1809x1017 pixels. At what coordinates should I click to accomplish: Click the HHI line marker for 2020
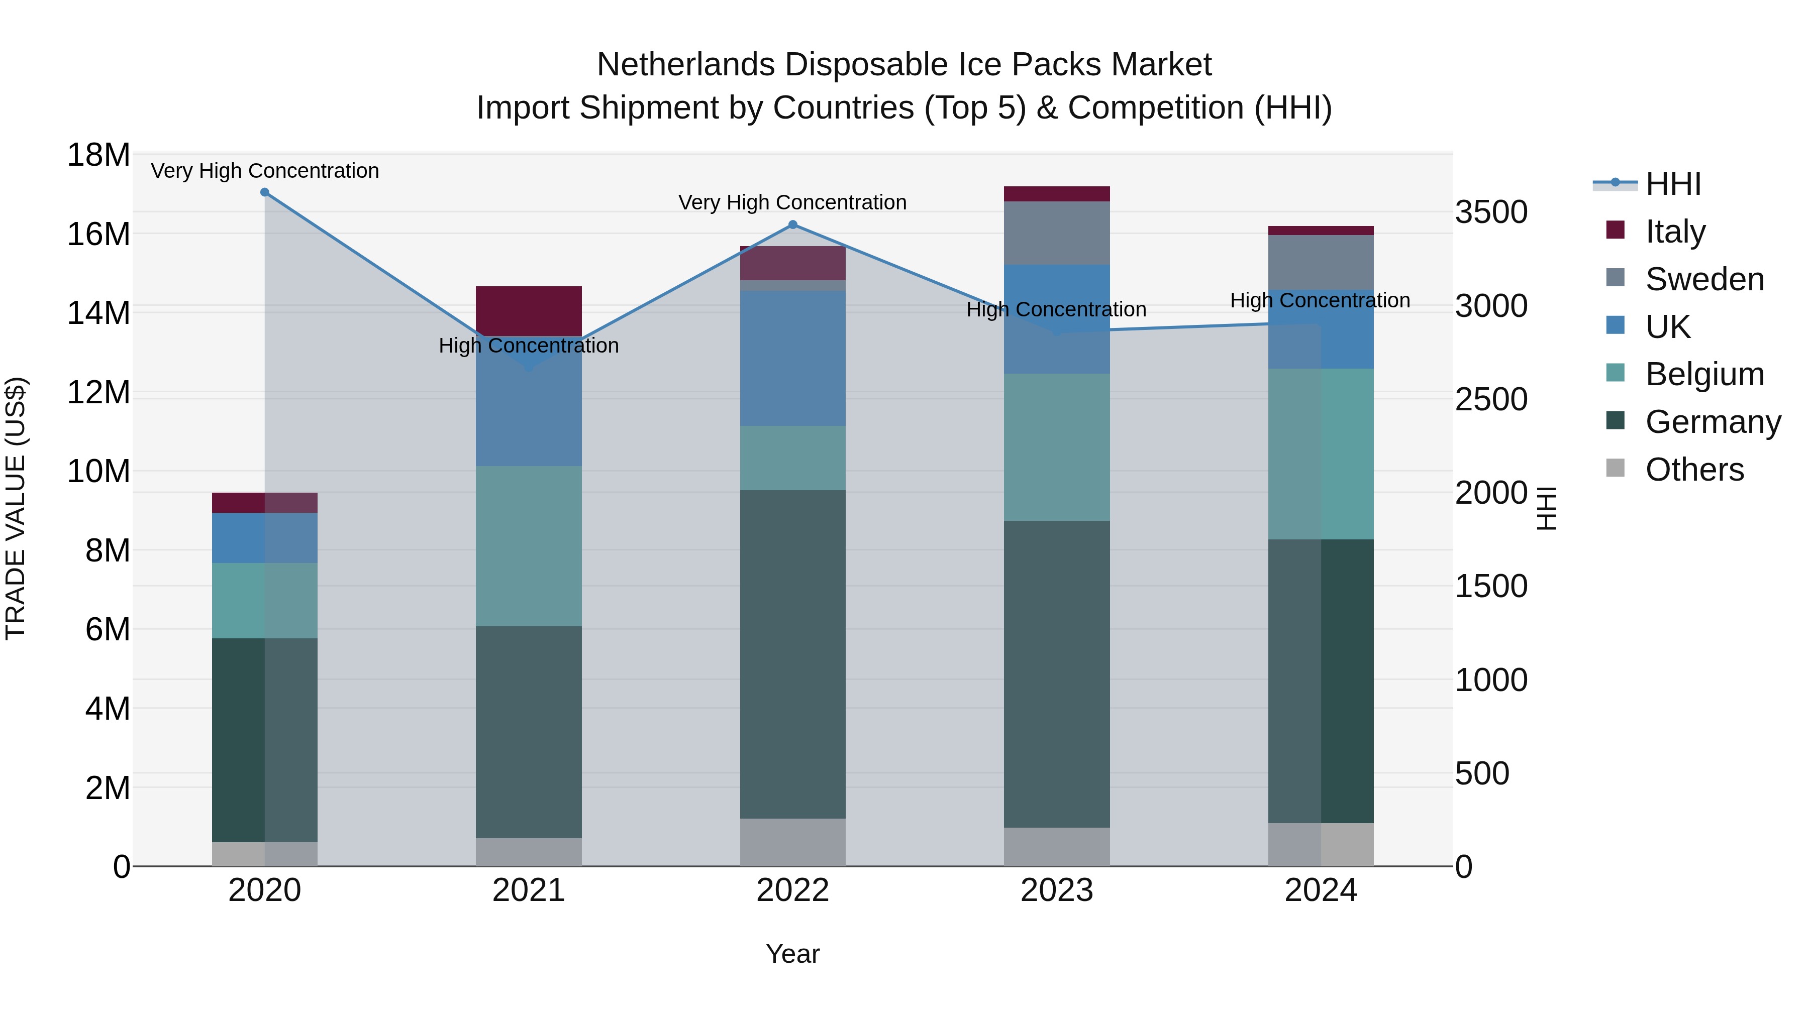point(265,192)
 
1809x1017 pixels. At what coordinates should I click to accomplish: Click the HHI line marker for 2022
point(793,224)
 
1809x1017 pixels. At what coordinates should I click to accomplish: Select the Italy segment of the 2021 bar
point(529,310)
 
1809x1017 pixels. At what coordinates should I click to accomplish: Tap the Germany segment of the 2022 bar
point(793,653)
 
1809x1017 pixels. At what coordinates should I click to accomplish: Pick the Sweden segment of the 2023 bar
point(1057,233)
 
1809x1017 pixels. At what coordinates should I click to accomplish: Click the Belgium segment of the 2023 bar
point(1057,447)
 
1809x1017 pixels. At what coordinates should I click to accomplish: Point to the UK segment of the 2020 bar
point(265,537)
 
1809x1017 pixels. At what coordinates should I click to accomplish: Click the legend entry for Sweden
point(1704,279)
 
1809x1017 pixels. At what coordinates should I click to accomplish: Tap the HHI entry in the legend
point(1673,184)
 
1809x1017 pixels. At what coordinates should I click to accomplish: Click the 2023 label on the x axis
point(1057,890)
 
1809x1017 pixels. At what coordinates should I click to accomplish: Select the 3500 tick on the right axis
point(1491,212)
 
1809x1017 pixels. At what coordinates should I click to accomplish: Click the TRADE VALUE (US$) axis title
point(16,508)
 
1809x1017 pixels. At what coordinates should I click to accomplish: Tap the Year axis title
point(793,954)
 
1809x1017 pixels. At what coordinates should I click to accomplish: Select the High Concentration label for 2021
point(529,346)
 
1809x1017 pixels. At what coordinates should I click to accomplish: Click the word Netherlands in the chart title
point(687,65)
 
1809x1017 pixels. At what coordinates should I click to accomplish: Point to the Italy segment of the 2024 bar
point(1321,230)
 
